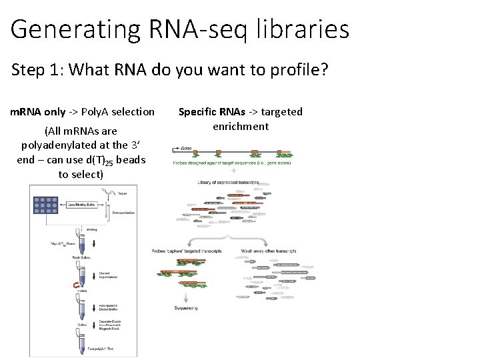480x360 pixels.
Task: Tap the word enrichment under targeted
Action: pyautogui.click(x=241, y=126)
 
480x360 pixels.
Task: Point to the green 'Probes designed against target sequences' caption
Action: pyautogui.click(x=224, y=163)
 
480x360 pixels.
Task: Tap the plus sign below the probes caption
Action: pyautogui.click(x=233, y=171)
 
